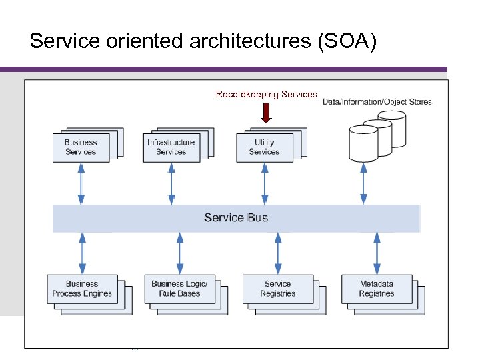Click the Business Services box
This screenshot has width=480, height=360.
pyautogui.click(x=81, y=147)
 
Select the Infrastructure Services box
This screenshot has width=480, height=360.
pyautogui.click(x=171, y=147)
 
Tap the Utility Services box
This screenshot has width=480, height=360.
pyautogui.click(x=264, y=147)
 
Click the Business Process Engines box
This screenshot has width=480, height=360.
pyautogui.click(x=82, y=289)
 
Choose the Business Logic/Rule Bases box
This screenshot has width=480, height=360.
pyautogui.click(x=179, y=289)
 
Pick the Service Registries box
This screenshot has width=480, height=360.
pyautogui.click(x=277, y=289)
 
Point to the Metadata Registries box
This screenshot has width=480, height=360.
pyautogui.click(x=376, y=289)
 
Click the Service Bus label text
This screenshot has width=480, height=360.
pyautogui.click(x=236, y=218)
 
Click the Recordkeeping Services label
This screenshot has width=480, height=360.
pyautogui.click(x=266, y=95)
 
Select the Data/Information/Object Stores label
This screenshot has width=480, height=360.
pyautogui.click(x=377, y=102)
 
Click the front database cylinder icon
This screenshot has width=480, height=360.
pyautogui.click(x=363, y=141)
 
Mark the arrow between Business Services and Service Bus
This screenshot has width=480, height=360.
pyautogui.click(x=81, y=183)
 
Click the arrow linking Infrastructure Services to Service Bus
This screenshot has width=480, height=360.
pyautogui.click(x=171, y=183)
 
